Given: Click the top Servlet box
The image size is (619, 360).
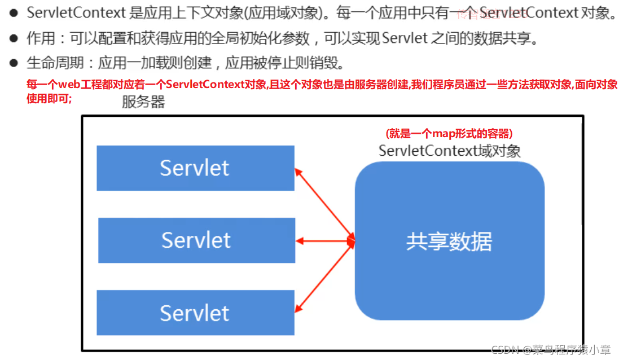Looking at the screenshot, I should point(195,168).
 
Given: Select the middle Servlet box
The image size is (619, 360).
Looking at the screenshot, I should point(196,240).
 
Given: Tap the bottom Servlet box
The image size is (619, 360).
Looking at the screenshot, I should point(195,313).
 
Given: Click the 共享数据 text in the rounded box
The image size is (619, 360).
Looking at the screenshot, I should point(449,242).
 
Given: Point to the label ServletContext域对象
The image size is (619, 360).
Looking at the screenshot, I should point(449,151).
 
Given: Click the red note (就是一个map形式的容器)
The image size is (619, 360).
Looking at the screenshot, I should point(449,134).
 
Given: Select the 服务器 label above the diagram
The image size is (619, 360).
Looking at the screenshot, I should point(143,102).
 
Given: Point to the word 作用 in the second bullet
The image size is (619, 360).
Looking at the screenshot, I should point(39,38).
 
